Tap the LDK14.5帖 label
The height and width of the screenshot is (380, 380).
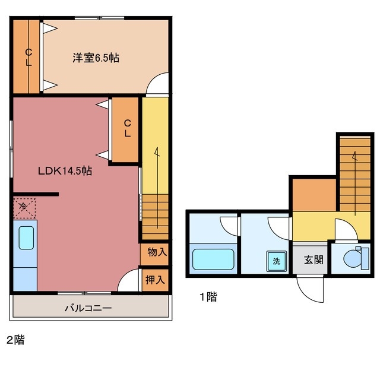(65, 171)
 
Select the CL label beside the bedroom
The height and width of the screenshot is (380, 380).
(27, 57)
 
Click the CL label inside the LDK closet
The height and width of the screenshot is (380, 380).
(127, 128)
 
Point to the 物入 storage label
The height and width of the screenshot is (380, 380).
(157, 252)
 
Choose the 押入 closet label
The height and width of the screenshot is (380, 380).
(157, 280)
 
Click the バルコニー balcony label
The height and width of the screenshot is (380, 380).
(88, 309)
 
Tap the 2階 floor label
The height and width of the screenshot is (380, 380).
(15, 340)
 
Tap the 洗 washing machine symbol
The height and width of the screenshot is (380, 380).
(276, 261)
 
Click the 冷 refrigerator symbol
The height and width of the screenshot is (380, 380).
(23, 207)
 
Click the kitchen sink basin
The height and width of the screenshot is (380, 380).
(26, 238)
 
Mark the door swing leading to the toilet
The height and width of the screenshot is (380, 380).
(344, 230)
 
